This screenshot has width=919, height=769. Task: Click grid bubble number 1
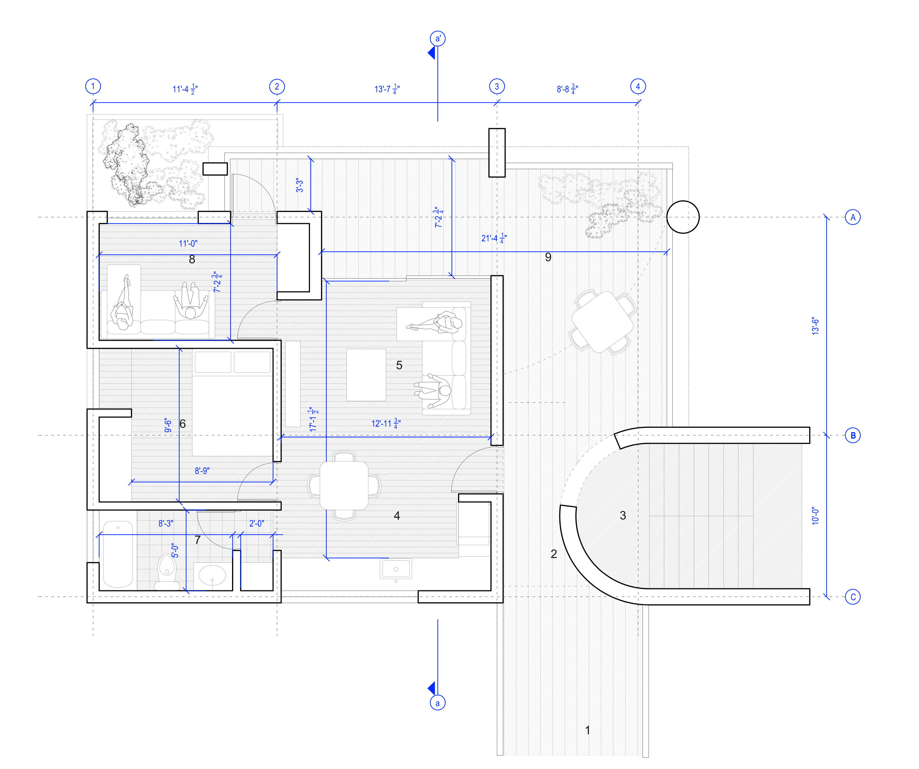(93, 86)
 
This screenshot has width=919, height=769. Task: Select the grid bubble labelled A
(853, 217)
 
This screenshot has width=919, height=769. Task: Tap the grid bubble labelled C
(853, 597)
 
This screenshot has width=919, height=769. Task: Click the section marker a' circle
(438, 39)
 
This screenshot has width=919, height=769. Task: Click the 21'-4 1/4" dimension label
(494, 239)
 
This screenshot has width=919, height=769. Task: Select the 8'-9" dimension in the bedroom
(202, 471)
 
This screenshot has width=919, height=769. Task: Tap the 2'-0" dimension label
(257, 524)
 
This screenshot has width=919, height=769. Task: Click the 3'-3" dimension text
(299, 185)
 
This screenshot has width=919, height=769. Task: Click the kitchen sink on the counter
(396, 569)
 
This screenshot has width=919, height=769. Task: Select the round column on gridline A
(683, 217)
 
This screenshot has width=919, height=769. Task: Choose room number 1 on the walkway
(588, 730)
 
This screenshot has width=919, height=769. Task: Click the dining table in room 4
(344, 486)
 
